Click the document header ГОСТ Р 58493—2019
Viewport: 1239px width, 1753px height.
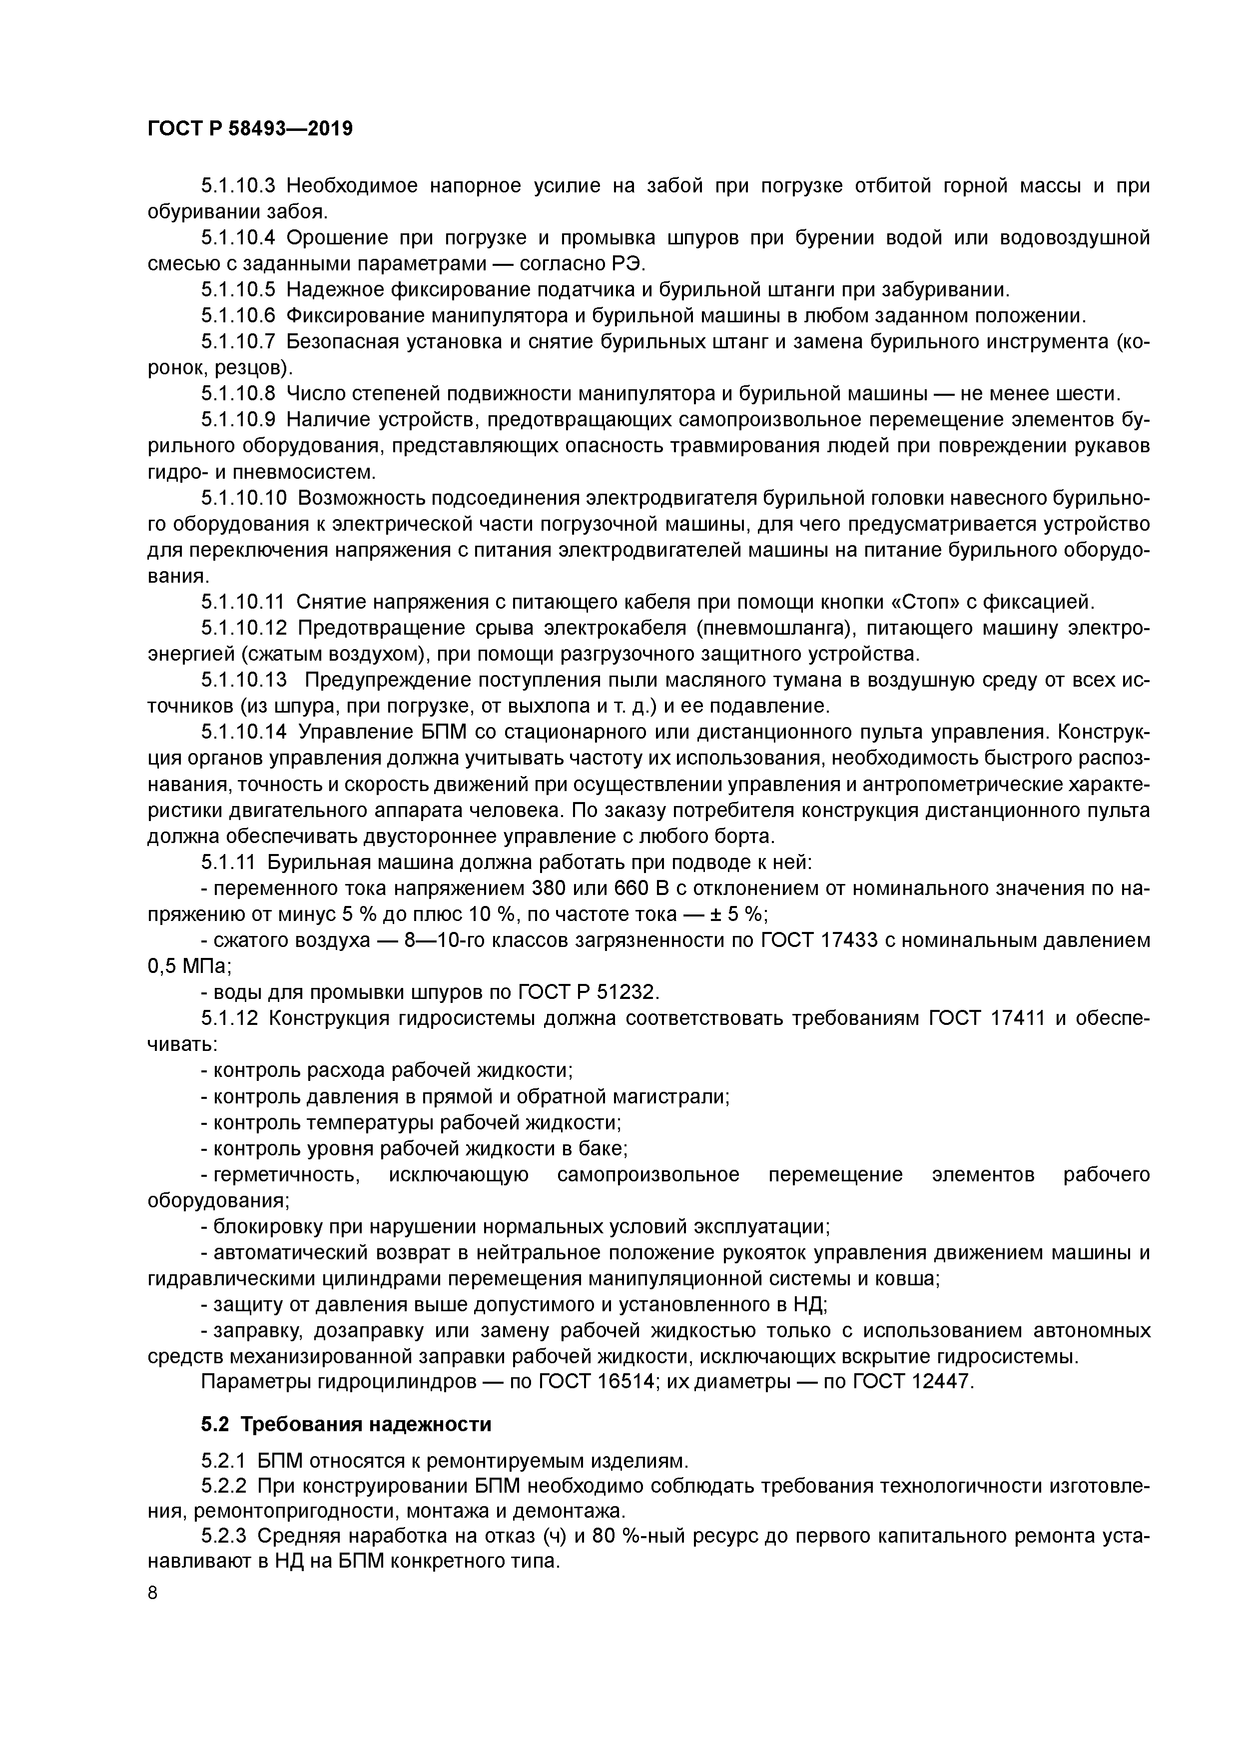point(250,128)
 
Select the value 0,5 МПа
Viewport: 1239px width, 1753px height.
point(188,966)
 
